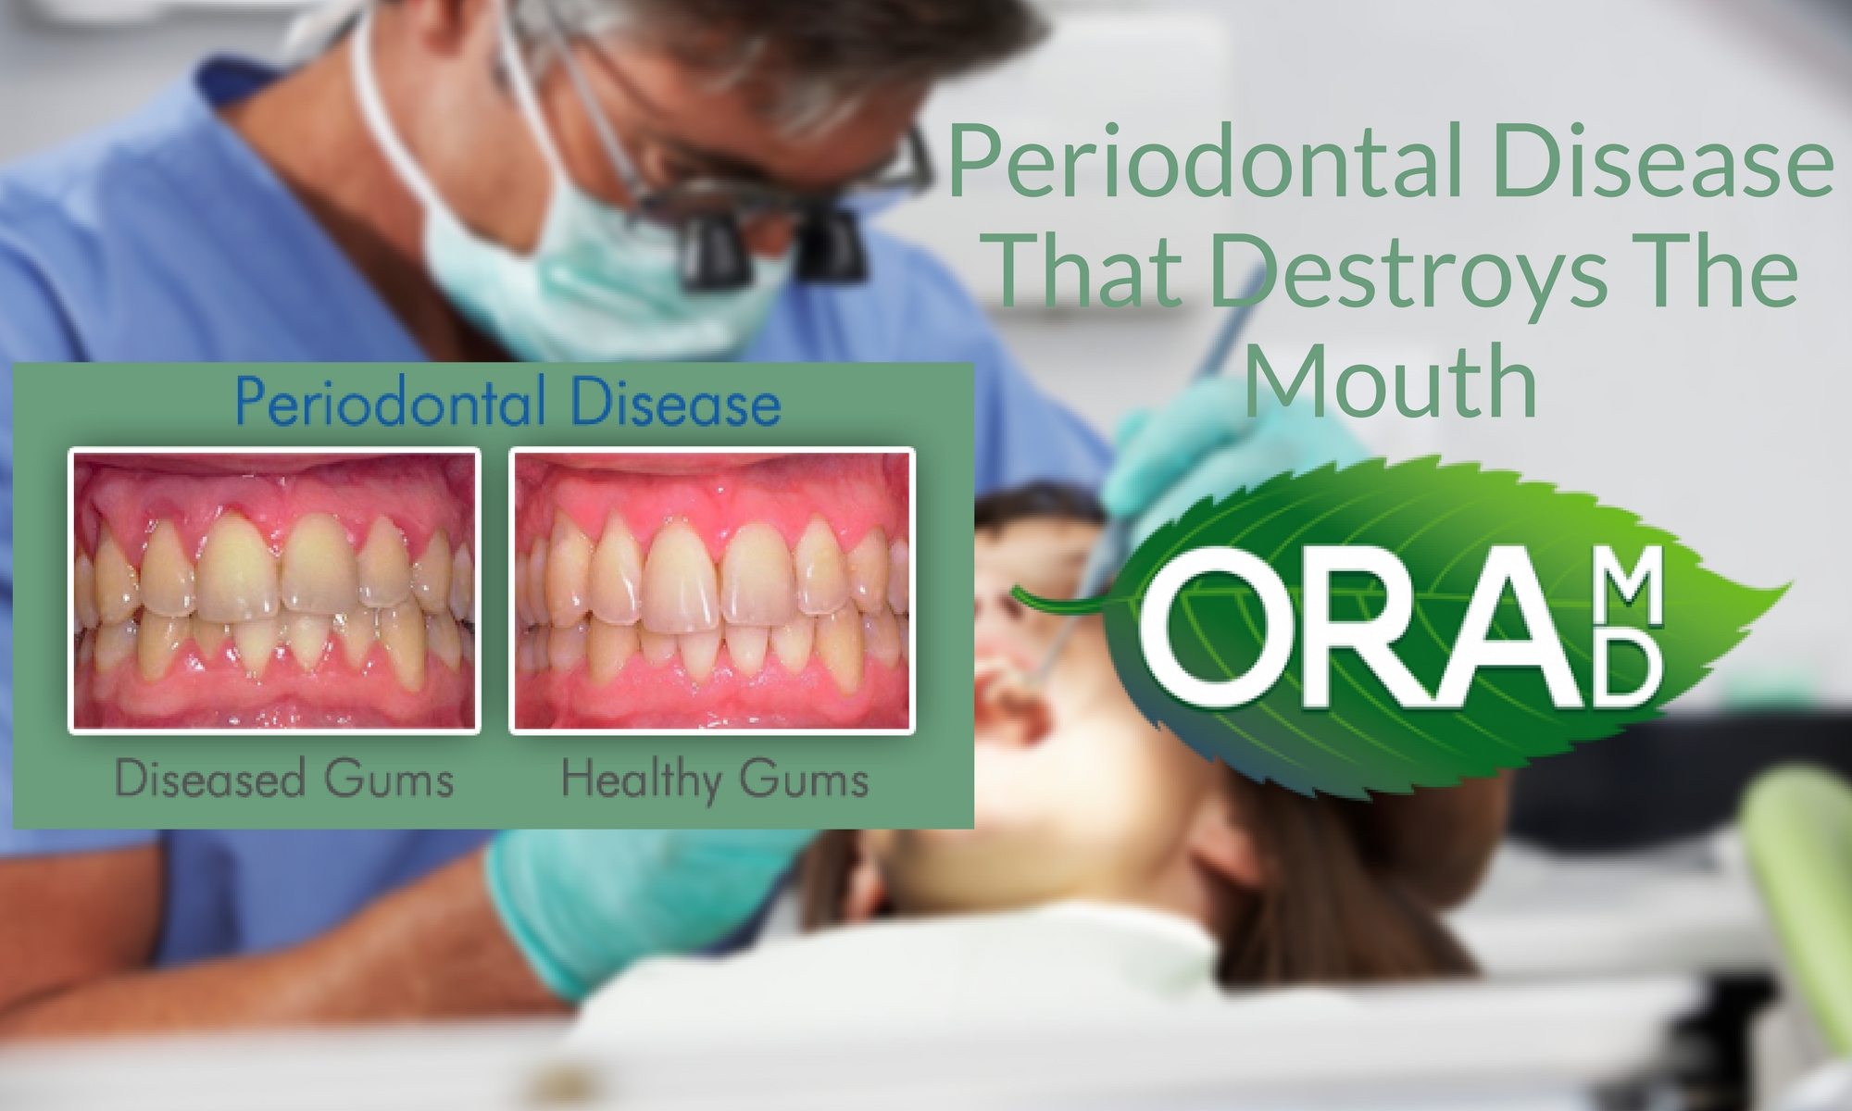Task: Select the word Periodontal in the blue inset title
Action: coord(390,405)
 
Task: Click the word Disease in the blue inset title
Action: coord(676,405)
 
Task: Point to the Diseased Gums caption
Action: coord(284,779)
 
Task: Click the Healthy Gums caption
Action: coord(715,780)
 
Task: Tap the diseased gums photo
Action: coord(274,591)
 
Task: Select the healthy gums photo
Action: coord(712,591)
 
